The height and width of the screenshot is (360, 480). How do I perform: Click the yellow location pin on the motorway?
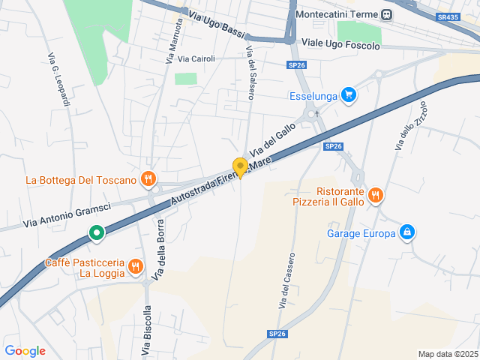point(240,167)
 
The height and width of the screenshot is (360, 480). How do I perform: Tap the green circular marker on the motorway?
point(97,233)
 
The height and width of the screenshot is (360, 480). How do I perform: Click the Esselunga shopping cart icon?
point(348,95)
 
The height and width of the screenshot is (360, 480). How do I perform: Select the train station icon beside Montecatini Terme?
point(386,14)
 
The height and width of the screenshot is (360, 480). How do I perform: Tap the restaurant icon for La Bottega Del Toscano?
point(148,179)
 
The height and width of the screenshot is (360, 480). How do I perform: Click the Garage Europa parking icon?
point(406,232)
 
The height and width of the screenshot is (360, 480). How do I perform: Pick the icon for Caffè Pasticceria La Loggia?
point(136,265)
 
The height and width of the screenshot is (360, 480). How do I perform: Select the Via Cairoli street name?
point(197,58)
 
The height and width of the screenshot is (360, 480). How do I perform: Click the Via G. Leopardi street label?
point(58,79)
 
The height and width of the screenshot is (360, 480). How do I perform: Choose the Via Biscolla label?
point(146,330)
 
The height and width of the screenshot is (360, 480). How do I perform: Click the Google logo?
point(25,351)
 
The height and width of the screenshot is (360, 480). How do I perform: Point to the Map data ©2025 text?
point(447,354)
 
